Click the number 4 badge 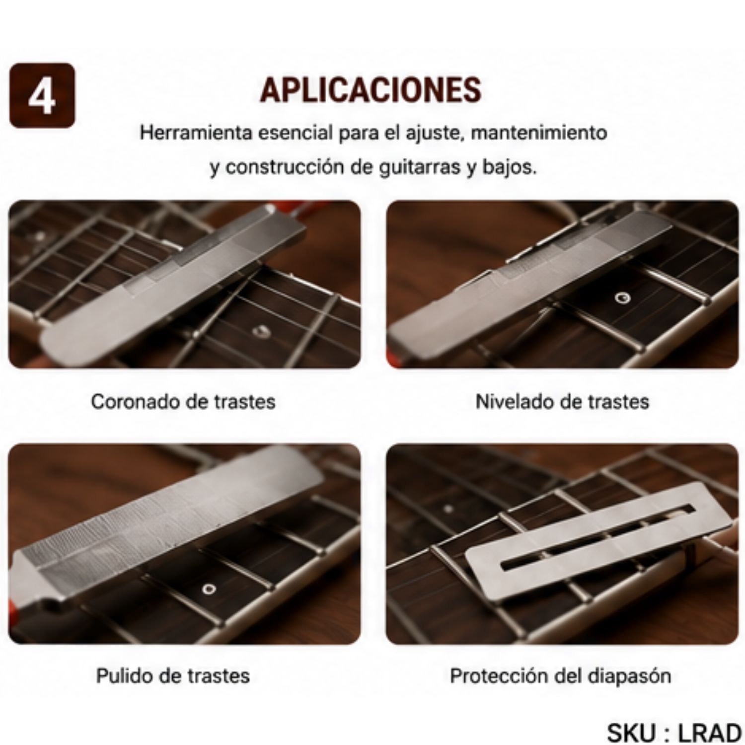(42, 95)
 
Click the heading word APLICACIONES (371, 89)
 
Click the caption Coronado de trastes (183, 401)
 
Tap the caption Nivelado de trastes (562, 401)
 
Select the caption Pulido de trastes (173, 675)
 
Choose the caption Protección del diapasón (560, 675)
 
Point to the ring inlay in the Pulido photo (209, 589)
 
